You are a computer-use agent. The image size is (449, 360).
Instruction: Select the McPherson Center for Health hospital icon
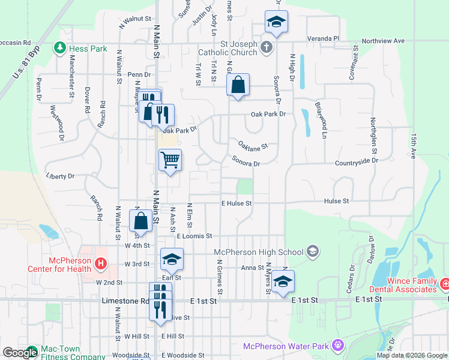(x=101, y=263)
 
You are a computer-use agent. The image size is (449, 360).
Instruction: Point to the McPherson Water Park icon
(x=339, y=346)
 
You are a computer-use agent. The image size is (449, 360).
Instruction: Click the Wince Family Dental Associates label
(x=403, y=286)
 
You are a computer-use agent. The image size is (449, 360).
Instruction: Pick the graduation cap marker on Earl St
(x=172, y=259)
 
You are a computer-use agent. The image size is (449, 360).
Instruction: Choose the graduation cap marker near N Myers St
(x=283, y=281)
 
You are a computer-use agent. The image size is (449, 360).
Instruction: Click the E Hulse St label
(x=236, y=203)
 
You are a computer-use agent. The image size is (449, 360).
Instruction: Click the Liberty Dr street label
(x=59, y=176)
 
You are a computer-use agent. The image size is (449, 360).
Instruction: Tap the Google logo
(x=19, y=353)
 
